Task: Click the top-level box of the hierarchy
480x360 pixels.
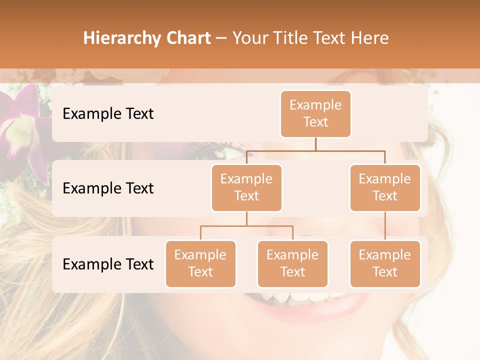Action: [x=315, y=114]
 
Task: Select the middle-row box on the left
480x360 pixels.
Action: [x=246, y=188]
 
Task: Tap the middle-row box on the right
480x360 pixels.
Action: [x=385, y=188]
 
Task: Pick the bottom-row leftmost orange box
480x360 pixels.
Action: [x=200, y=264]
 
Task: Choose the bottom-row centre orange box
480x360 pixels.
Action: [x=292, y=264]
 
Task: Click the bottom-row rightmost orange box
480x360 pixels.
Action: [x=385, y=264]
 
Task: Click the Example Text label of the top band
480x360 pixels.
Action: [x=108, y=114]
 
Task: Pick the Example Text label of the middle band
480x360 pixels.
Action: [x=108, y=188]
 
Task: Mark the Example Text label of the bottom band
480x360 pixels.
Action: [x=108, y=264]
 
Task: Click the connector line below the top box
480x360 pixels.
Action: [x=315, y=144]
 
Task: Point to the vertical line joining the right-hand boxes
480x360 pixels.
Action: [x=385, y=226]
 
